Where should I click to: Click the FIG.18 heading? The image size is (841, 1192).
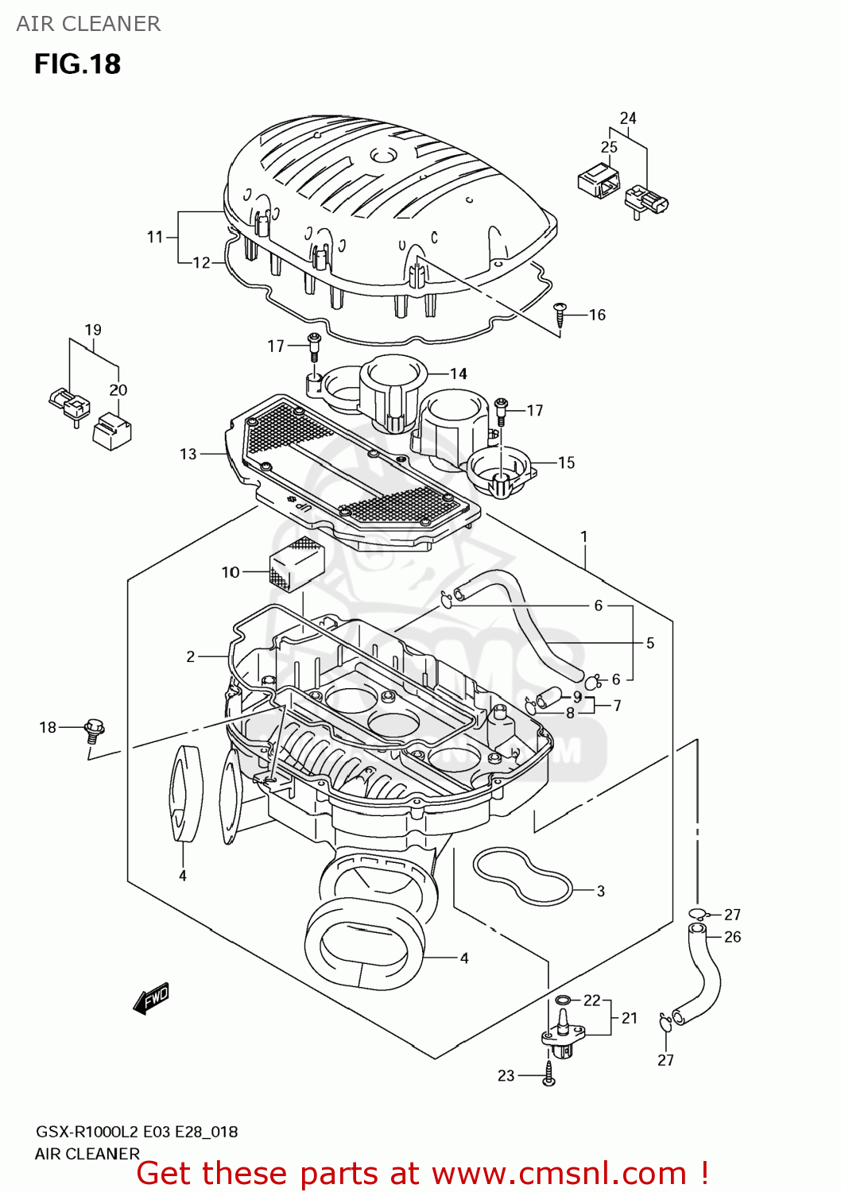point(77,64)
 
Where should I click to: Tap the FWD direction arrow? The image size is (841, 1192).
point(151,998)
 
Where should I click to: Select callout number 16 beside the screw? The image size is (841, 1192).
point(597,315)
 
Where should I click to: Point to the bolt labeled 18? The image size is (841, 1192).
point(94,729)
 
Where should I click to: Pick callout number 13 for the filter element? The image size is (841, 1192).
point(188,454)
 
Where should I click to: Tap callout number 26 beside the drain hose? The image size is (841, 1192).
point(732,937)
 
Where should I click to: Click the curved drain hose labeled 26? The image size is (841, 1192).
point(703,977)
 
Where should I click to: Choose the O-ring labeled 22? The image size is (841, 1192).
point(563,1000)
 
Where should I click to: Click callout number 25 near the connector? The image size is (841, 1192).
point(609,147)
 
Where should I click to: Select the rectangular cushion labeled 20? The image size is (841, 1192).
point(112,431)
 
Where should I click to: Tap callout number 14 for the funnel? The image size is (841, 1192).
point(459,373)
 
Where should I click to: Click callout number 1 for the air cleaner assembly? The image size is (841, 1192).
point(584,536)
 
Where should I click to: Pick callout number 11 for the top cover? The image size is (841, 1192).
point(155,237)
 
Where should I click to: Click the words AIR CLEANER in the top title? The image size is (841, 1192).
point(88,24)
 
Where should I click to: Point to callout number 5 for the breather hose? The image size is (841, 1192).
point(650,643)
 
